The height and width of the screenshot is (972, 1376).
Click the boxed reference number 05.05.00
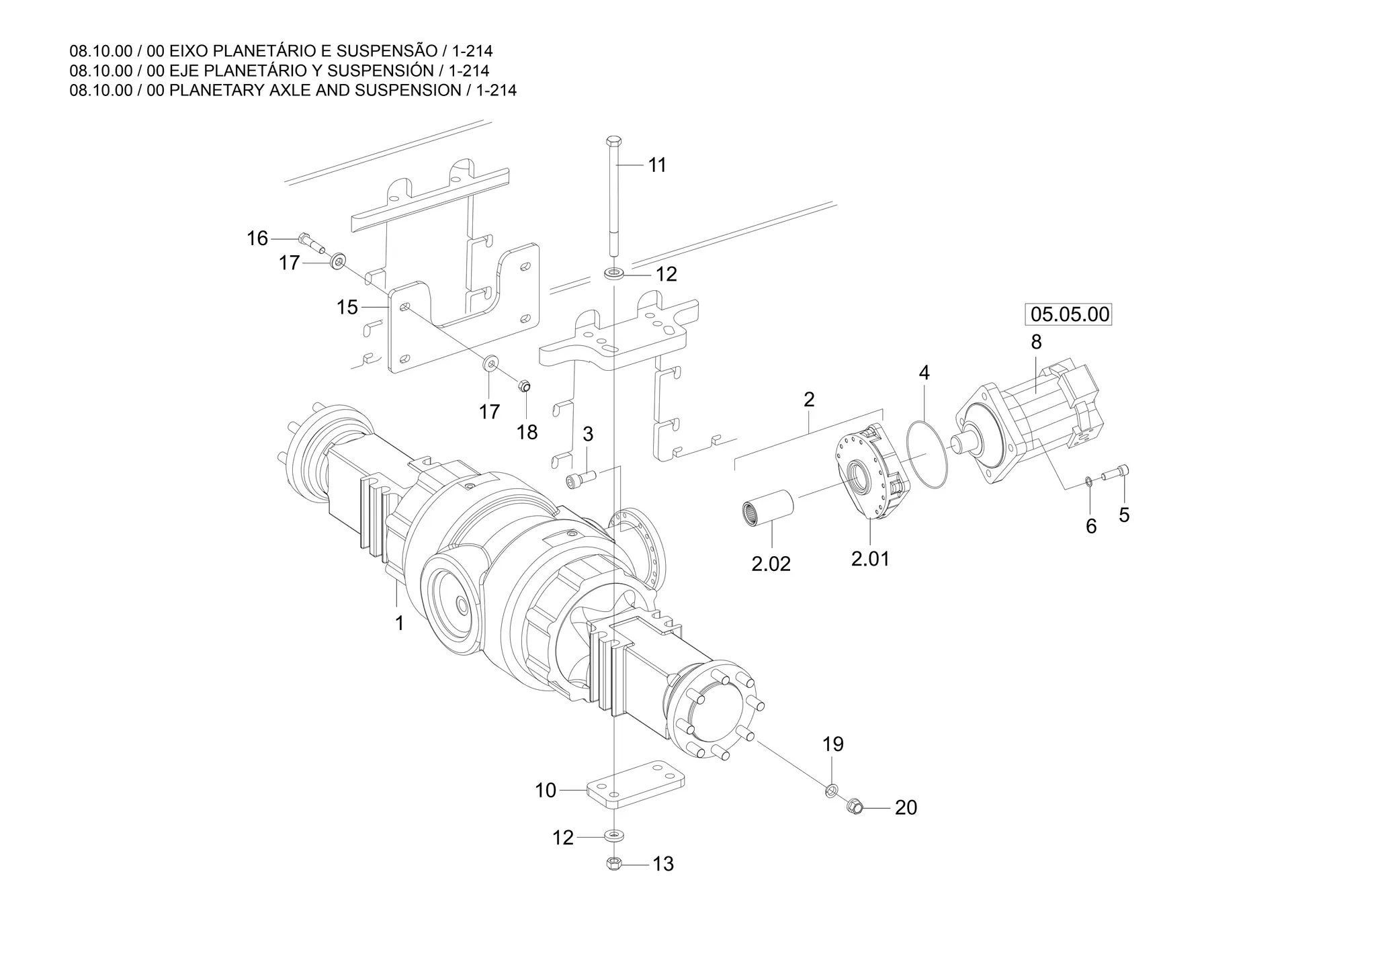click(x=1070, y=314)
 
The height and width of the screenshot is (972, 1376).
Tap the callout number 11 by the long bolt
click(x=657, y=165)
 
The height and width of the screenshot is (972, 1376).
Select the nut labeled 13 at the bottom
click(x=613, y=863)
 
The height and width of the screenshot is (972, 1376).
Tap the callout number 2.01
click(x=870, y=558)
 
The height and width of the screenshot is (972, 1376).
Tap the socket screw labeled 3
click(x=579, y=478)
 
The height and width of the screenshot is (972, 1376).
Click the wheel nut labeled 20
click(x=855, y=804)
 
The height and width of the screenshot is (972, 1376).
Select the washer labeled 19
click(x=831, y=790)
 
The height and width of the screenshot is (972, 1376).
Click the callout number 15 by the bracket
click(x=347, y=307)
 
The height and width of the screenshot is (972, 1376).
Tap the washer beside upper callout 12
click(x=613, y=273)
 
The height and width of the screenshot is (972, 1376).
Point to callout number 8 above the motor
click(x=1036, y=342)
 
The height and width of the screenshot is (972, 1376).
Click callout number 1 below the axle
click(x=399, y=623)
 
